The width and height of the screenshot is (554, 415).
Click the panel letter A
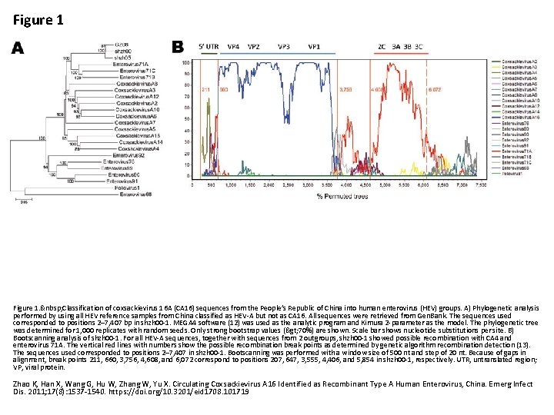(x=18, y=48)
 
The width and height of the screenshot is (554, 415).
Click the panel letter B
(x=178, y=48)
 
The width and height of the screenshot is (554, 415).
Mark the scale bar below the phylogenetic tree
(x=24, y=201)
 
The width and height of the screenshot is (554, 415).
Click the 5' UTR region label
(x=209, y=47)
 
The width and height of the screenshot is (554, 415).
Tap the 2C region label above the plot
(x=382, y=47)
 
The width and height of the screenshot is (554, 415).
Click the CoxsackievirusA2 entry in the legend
(x=520, y=60)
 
